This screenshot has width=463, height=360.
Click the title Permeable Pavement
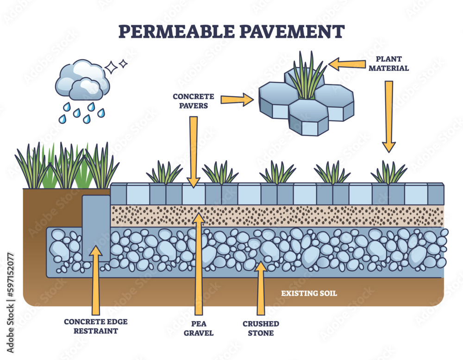coord(231,31)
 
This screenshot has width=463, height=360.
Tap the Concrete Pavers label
coord(194,101)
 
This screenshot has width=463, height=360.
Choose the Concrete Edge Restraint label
coord(96,326)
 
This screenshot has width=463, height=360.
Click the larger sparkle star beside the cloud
coord(112,68)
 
